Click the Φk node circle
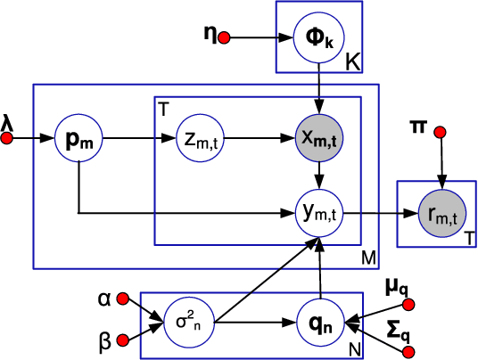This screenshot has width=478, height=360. click(x=318, y=39)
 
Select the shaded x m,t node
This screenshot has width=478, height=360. click(x=318, y=140)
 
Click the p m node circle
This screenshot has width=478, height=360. click(x=79, y=140)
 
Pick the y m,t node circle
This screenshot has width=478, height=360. click(x=318, y=213)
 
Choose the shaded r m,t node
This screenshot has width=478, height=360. click(x=438, y=213)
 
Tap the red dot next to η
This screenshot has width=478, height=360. click(x=225, y=38)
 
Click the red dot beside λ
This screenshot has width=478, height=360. click(x=8, y=140)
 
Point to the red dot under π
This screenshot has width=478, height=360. click(x=438, y=134)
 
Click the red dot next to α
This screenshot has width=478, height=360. click(x=124, y=299)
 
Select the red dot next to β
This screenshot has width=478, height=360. click(x=124, y=338)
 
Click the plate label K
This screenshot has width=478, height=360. click(x=351, y=63)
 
